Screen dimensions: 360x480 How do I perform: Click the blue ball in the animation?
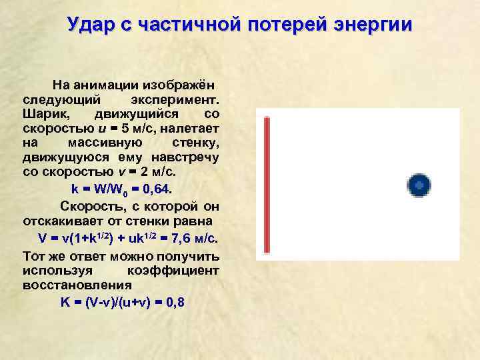pos(419,185)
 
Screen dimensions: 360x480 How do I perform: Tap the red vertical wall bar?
pos(267,185)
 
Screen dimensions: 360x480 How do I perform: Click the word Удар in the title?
pos(89,25)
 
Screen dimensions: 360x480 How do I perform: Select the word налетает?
pos(193,128)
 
